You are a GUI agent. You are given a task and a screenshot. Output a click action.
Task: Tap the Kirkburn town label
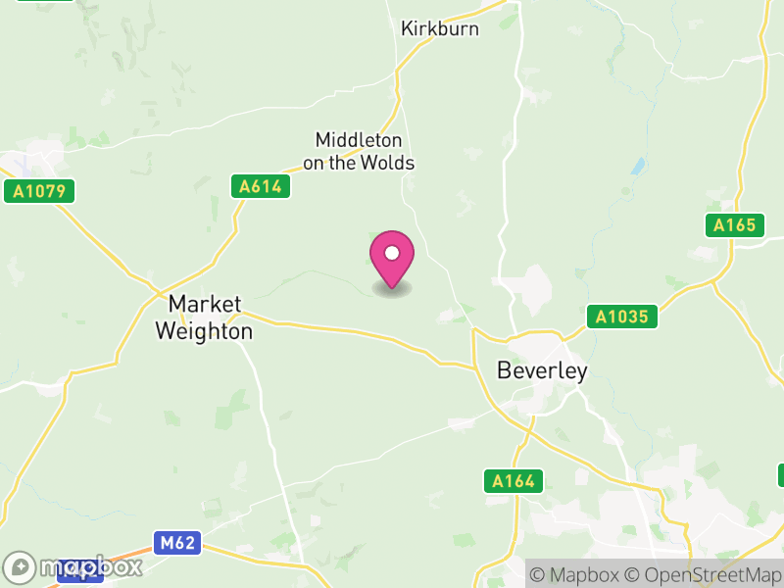click(440, 29)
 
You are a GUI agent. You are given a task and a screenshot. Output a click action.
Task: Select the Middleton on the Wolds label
click(359, 152)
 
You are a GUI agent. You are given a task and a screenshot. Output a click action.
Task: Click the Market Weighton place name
click(204, 318)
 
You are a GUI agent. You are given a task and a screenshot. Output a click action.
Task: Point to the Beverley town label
click(542, 370)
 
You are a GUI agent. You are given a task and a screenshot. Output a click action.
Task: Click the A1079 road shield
click(39, 191)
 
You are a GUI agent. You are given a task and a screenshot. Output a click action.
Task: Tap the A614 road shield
click(261, 186)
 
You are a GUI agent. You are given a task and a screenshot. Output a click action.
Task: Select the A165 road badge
click(734, 225)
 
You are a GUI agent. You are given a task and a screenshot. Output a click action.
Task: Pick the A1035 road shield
click(622, 317)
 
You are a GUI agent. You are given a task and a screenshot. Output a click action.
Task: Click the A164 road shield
click(514, 480)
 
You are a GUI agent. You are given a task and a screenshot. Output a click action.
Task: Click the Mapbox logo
click(73, 566)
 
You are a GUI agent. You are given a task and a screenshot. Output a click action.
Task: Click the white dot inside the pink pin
click(392, 253)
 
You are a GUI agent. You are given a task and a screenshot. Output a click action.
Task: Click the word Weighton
click(204, 332)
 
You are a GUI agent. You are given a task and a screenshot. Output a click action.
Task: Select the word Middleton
click(359, 141)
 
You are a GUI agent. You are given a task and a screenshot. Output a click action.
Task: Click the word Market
click(204, 303)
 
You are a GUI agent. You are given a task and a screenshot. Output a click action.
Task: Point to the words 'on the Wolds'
click(359, 164)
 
